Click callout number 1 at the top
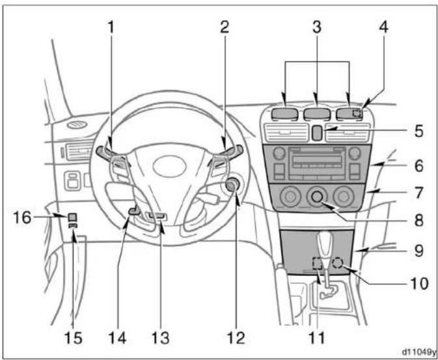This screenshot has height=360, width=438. click(x=111, y=28)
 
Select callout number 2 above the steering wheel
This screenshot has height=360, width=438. click(x=224, y=28)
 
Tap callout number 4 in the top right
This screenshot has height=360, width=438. click(x=384, y=28)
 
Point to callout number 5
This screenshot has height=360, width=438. click(x=418, y=132)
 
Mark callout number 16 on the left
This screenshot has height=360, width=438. click(x=23, y=217)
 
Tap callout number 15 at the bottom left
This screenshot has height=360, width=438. click(x=73, y=338)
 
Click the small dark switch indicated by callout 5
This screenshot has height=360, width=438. click(x=316, y=133)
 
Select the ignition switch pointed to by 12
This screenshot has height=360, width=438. click(x=232, y=186)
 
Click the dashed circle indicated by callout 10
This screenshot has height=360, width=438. click(x=338, y=263)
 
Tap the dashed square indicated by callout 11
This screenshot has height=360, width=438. click(x=317, y=263)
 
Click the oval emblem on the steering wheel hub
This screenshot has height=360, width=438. click(x=170, y=166)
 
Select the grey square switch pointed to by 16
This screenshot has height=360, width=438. click(x=72, y=217)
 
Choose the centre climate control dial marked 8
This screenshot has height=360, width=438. click(x=317, y=197)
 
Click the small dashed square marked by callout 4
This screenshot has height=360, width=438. click(x=357, y=113)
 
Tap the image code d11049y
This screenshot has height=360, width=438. click(x=418, y=352)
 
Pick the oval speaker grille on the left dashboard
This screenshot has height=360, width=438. click(x=77, y=125)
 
